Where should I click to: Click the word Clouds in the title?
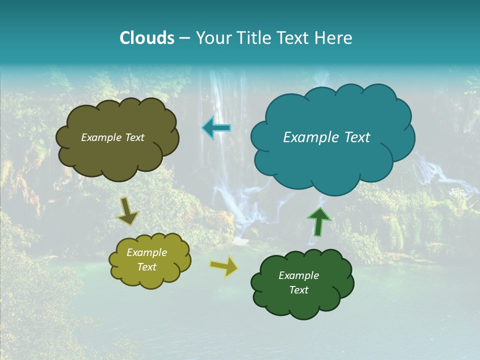pyautogui.click(x=146, y=38)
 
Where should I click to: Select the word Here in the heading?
pyautogui.click(x=335, y=38)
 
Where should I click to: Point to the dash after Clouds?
pyautogui.click(x=184, y=38)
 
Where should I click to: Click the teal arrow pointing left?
pyautogui.click(x=216, y=128)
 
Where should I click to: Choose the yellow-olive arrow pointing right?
pyautogui.click(x=224, y=266)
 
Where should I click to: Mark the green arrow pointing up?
pyautogui.click(x=319, y=221)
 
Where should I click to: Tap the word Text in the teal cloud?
pyautogui.click(x=357, y=137)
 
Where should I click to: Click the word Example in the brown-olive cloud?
pyautogui.click(x=102, y=137)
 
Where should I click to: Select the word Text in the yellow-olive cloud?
pyautogui.click(x=147, y=267)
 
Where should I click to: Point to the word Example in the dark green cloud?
pyautogui.click(x=298, y=275)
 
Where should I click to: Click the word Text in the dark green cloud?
pyautogui.click(x=298, y=290)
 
